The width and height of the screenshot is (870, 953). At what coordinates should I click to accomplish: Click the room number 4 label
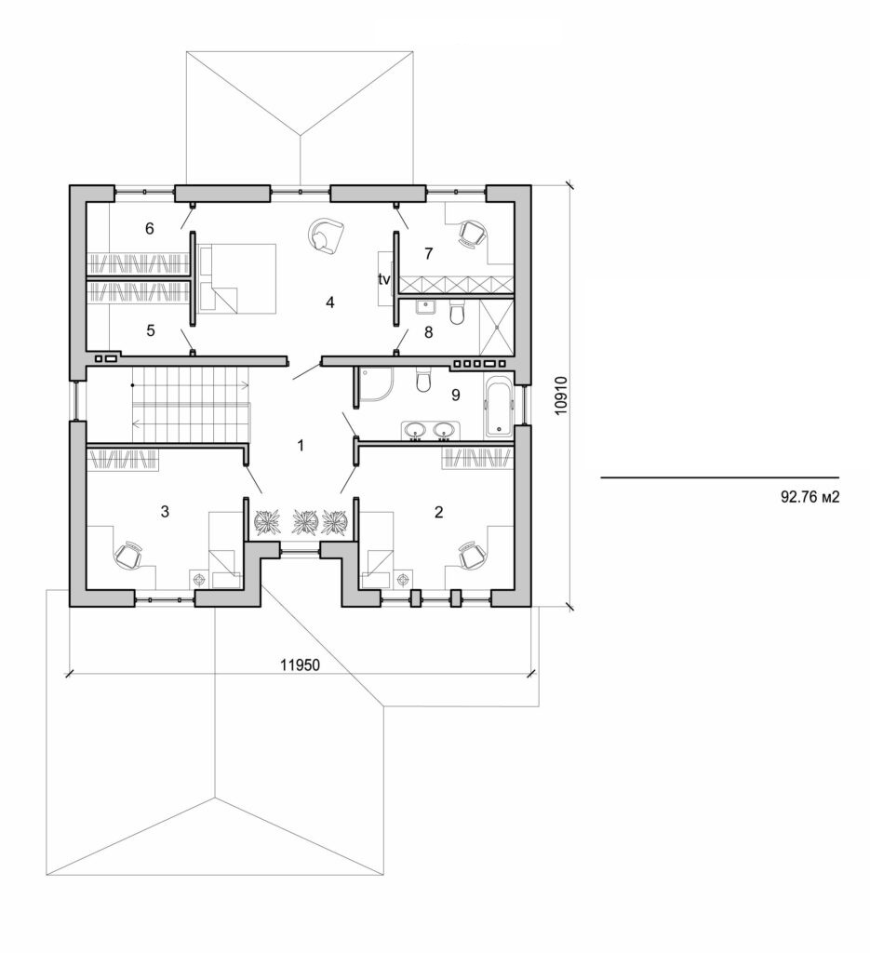[x=328, y=302]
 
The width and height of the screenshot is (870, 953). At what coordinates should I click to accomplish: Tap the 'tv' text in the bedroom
[x=383, y=278]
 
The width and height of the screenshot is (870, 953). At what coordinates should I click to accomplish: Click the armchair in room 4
[x=326, y=235]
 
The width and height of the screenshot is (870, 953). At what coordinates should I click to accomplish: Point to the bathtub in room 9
[x=498, y=406]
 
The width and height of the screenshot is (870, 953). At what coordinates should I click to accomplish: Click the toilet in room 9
[x=424, y=382]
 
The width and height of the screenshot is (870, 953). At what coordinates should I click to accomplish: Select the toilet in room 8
[x=456, y=315]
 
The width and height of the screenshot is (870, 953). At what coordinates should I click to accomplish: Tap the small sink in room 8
[x=427, y=308]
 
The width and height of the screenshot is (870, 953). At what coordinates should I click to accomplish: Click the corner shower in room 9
[x=372, y=384]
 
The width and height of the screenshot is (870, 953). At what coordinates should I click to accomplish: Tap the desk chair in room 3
[x=127, y=555]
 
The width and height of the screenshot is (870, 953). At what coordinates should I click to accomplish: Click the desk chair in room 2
[x=473, y=555]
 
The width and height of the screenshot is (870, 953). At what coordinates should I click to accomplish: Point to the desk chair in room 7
[x=473, y=233]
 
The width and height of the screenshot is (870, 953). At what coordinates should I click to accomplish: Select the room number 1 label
[x=300, y=446]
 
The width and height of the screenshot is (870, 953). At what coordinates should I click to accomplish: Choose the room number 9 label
[x=455, y=395]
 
